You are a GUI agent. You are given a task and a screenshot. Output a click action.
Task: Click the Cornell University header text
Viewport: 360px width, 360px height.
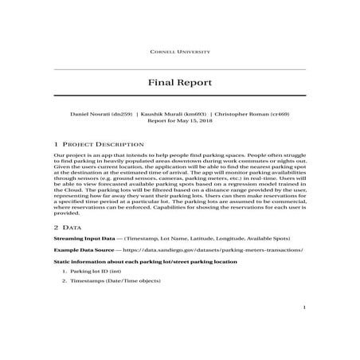click(x=180, y=51)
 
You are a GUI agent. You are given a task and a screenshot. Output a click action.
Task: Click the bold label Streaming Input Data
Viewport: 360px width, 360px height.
click(x=81, y=238)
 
